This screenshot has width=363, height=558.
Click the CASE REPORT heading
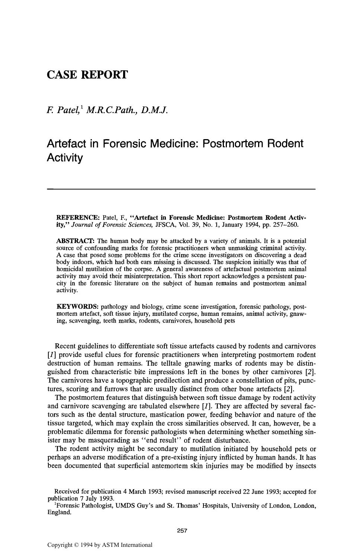click(x=87, y=75)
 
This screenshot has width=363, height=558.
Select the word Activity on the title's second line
click(x=65, y=158)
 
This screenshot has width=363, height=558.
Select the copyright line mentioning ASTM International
click(x=100, y=545)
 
